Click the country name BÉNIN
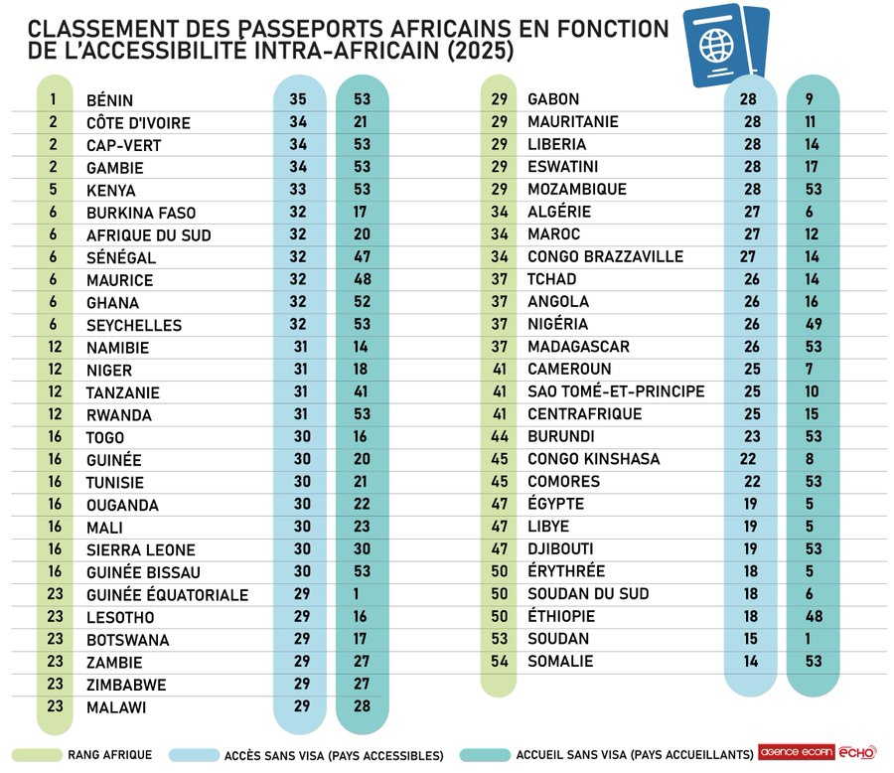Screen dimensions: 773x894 tap(109, 100)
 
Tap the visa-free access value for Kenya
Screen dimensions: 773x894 tap(298, 190)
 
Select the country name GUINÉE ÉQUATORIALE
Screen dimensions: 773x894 tap(167, 595)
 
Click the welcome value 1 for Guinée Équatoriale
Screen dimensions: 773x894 tap(362, 594)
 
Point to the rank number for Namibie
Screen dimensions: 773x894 tap(54, 348)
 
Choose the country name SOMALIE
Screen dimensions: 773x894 tap(560, 661)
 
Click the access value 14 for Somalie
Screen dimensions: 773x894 tap(750, 661)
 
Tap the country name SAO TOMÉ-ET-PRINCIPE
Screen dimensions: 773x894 tap(616, 391)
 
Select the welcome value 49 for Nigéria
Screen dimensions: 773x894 tap(814, 324)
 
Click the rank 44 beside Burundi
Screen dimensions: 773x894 tap(499, 436)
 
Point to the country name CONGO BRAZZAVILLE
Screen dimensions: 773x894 tap(605, 256)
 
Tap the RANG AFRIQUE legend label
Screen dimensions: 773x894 tap(110, 755)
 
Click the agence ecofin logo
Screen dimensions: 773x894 tap(795, 753)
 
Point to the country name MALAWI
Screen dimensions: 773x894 tap(116, 707)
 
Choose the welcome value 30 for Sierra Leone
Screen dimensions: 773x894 tap(362, 549)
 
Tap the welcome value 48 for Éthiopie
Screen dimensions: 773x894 tap(814, 616)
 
